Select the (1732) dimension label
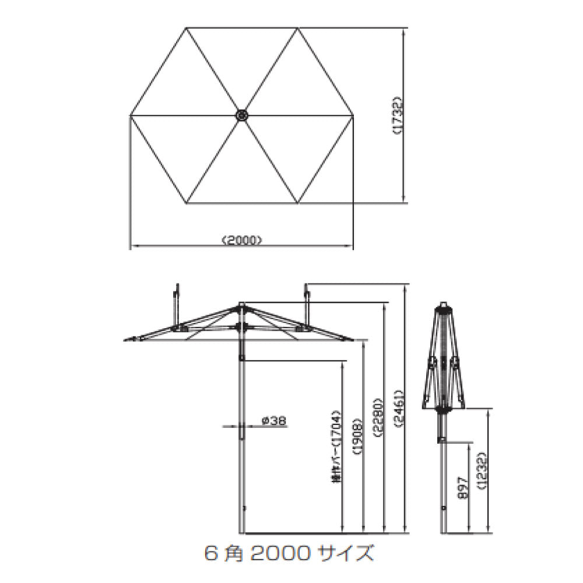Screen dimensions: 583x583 tap(396, 115)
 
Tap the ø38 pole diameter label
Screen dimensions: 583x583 tap(273, 420)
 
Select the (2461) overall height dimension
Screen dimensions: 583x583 tap(399, 408)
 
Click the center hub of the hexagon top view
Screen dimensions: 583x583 tap(241, 115)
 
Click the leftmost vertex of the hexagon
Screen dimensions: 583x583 tap(129, 115)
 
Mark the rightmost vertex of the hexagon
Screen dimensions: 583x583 tap(353, 115)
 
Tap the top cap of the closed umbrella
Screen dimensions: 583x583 tap(444, 304)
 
